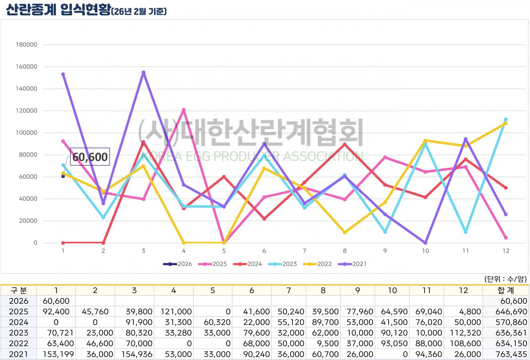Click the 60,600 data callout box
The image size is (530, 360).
(x=90, y=157)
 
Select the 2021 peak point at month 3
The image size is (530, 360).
(x=144, y=72)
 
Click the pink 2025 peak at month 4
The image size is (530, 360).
(x=184, y=110)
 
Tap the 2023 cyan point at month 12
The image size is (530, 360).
(x=506, y=119)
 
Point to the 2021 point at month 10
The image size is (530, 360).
(x=425, y=243)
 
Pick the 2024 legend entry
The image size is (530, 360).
(x=248, y=264)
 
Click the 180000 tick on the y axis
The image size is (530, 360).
(x=27, y=45)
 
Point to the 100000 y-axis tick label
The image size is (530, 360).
(x=27, y=133)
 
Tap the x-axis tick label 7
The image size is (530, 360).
(x=304, y=251)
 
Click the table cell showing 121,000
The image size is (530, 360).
(x=176, y=312)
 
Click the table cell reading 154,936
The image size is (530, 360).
(x=137, y=354)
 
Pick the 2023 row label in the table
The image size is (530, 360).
(x=19, y=333)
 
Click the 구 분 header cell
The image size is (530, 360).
(x=19, y=290)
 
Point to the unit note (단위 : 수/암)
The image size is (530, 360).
(x=506, y=279)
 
